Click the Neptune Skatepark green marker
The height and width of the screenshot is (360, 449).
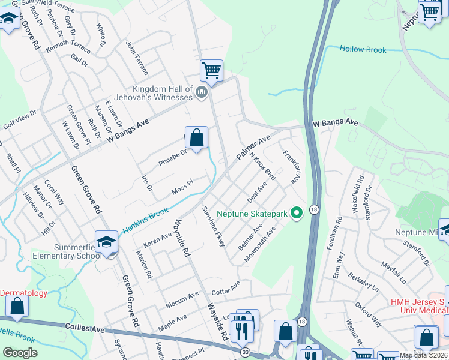point(296,213)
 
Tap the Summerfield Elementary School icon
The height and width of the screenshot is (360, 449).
point(106,242)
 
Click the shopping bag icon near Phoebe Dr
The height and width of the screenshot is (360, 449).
point(196,138)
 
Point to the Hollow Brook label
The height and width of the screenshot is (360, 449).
point(363,50)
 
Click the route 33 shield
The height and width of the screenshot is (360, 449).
point(245,352)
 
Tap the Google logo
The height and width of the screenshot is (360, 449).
point(20,353)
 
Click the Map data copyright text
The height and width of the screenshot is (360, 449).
point(423,355)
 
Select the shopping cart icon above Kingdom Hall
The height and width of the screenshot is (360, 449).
point(211,71)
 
